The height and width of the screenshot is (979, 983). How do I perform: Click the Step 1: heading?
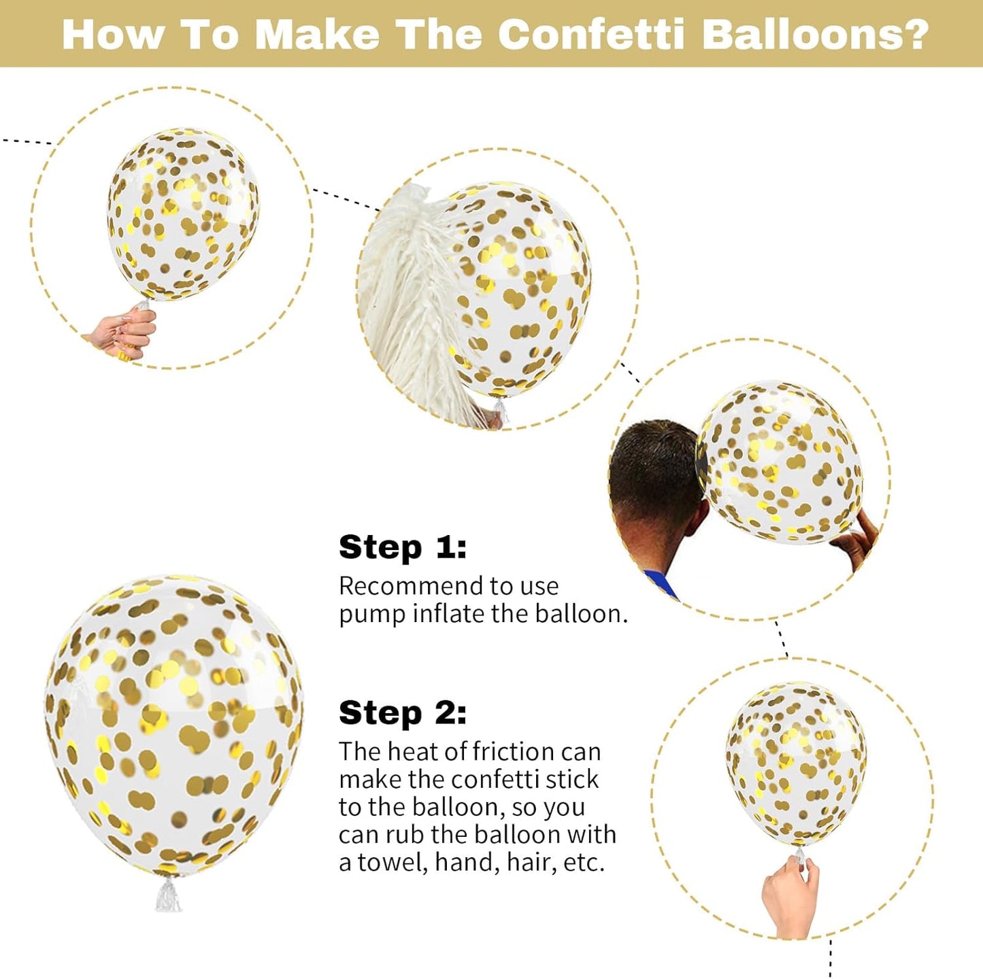(x=403, y=547)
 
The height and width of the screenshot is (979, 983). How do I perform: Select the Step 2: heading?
(x=403, y=713)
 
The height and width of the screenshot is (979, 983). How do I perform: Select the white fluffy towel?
(x=408, y=306)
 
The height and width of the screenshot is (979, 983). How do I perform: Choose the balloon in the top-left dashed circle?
(x=182, y=214)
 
